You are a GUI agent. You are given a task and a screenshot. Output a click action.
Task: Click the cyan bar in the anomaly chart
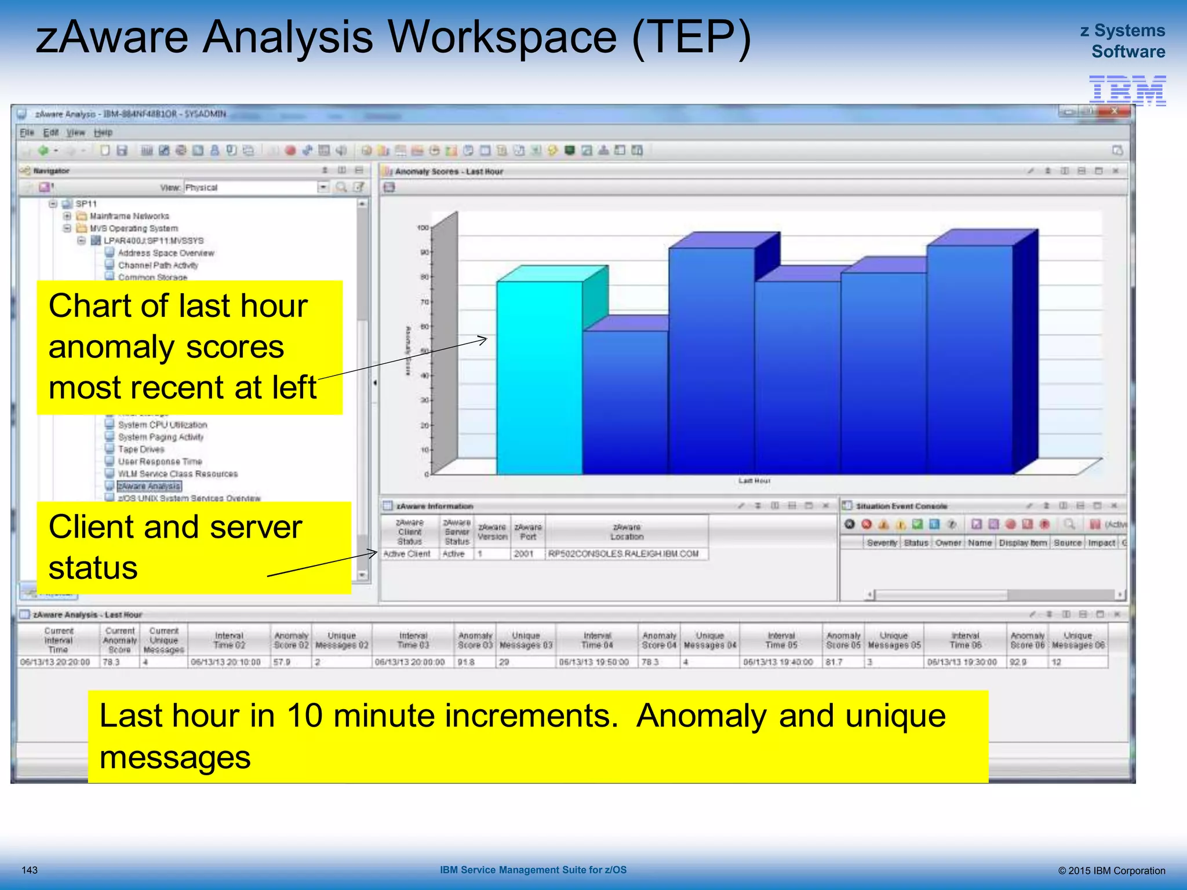[x=539, y=377]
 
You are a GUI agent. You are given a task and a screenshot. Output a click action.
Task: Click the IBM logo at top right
[x=1127, y=90]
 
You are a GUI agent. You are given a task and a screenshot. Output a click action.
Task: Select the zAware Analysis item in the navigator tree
[x=150, y=486]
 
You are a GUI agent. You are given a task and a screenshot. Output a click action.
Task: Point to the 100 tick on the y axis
[x=423, y=228]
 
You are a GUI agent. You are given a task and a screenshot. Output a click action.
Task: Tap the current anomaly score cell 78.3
[x=111, y=662]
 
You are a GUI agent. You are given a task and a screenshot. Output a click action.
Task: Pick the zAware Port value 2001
[x=523, y=554]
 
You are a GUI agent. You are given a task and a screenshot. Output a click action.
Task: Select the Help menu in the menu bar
[x=103, y=133]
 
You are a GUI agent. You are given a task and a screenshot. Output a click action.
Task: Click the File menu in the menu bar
[x=27, y=133]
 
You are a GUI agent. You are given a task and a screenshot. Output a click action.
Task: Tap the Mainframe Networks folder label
[x=129, y=216]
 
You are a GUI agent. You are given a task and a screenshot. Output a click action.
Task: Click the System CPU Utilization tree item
[x=162, y=425]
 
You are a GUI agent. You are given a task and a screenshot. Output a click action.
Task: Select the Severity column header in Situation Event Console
[x=882, y=543]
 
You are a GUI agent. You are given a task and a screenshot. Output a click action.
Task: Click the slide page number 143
[x=30, y=870]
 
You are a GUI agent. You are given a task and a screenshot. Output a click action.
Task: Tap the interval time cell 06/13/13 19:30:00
[x=962, y=662]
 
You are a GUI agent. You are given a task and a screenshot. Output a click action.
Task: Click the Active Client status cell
[x=407, y=554]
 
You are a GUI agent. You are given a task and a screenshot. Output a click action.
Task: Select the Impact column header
[x=1101, y=543]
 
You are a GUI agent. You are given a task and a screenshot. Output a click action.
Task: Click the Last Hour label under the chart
[x=754, y=481]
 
